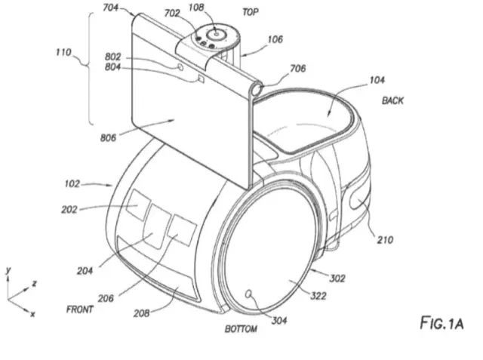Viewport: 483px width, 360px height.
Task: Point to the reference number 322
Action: [318, 297]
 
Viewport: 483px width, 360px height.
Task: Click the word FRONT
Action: [82, 309]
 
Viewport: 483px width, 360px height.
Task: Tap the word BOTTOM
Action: [241, 329]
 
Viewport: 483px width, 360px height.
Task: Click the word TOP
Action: [251, 13]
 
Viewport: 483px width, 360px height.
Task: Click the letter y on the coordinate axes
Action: [7, 269]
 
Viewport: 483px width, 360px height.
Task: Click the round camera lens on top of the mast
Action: [216, 34]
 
